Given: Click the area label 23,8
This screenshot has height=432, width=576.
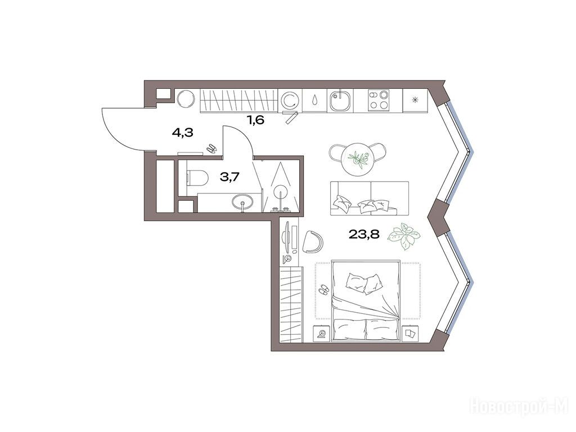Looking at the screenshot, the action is point(364,234).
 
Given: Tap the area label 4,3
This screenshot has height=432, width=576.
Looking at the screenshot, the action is point(183,133).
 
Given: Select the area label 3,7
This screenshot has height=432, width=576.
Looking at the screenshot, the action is point(229,177).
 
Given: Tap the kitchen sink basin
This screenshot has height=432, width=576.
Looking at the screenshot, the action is point(340,100).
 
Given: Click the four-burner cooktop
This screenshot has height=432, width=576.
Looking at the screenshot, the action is point(379,100).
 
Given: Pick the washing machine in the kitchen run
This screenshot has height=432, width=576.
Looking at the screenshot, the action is point(290,100).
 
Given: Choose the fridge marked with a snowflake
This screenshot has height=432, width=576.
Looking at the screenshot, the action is point(416,100).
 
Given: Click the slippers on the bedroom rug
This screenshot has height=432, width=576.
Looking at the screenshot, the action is point(323,289).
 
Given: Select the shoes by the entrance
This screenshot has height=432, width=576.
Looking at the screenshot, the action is point(211,148).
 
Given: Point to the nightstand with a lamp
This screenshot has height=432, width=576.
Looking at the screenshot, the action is point(321,334).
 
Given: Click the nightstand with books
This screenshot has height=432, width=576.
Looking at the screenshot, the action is point(410,334).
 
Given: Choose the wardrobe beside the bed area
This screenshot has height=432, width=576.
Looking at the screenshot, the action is point(291,305).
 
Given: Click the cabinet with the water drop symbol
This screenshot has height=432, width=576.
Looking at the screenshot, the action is point(315,100).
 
